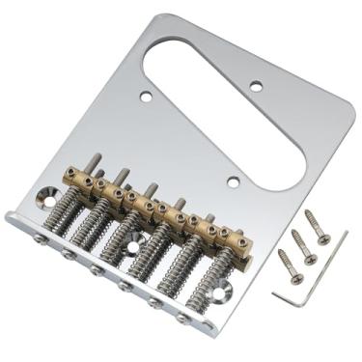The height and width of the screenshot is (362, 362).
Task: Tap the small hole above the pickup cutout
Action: [x=257, y=86]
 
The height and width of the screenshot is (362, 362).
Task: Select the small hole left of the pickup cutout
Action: [x=145, y=96]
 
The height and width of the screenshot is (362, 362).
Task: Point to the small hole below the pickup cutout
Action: [x=233, y=181]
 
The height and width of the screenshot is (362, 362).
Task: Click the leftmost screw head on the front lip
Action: [x=35, y=237]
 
